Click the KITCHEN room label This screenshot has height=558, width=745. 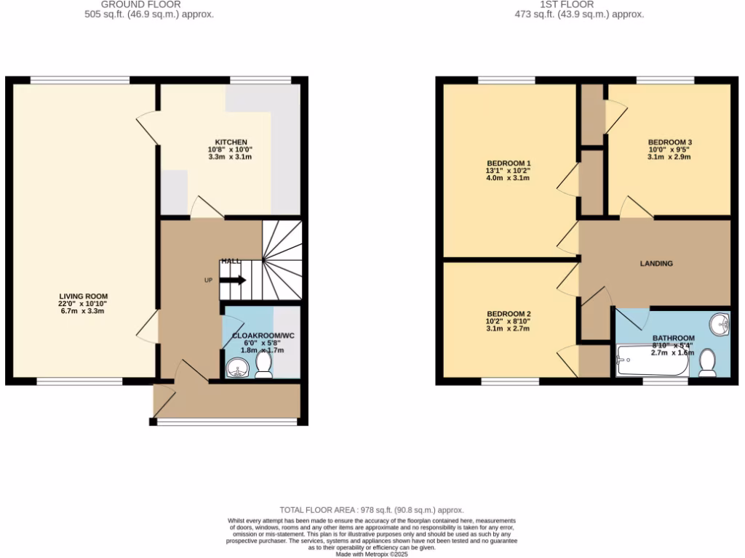click(231, 142)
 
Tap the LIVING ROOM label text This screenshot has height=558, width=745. click(83, 296)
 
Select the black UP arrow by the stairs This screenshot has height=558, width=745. click(234, 280)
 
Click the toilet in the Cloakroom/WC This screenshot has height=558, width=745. click(263, 365)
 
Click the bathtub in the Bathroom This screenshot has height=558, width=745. click(652, 361)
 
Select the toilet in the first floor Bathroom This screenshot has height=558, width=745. click(707, 363)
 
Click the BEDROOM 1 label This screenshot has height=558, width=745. click(508, 163)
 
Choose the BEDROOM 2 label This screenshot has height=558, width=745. click(508, 313)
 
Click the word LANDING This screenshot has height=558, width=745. click(656, 264)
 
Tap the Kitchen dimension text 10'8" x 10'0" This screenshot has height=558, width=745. click(231, 149)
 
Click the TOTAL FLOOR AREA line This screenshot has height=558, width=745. click(372, 510)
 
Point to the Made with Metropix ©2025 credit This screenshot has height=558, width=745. click(372, 554)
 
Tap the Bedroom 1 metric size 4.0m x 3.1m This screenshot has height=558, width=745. click(508, 178)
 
